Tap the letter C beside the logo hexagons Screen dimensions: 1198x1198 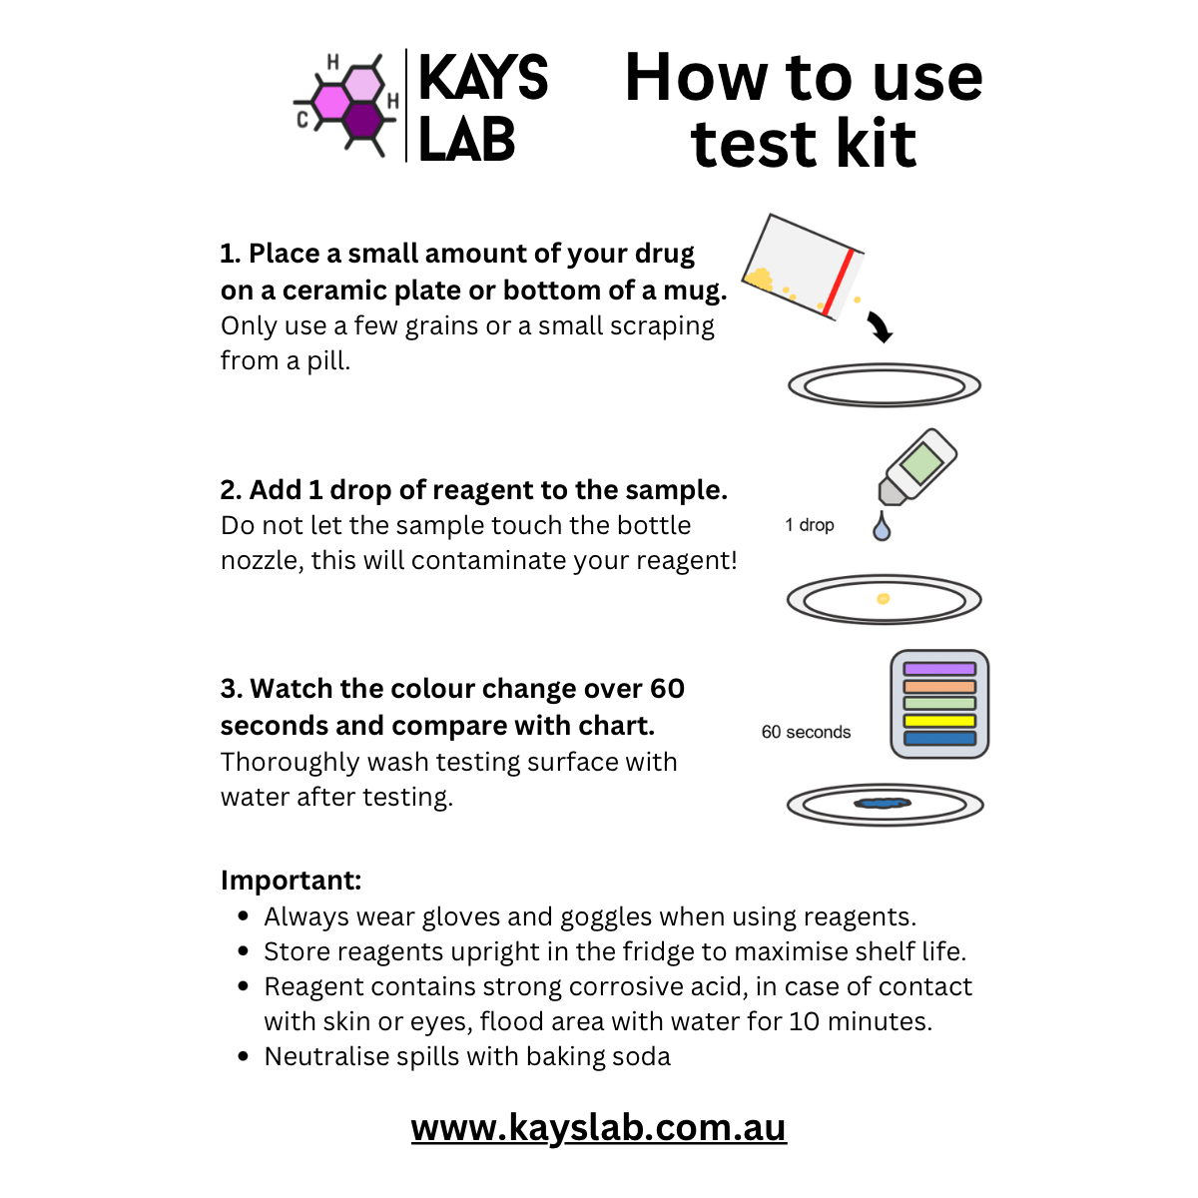pos(303,121)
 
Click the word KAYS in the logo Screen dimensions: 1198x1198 pos(483,78)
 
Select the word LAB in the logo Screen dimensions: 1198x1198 pos(466,140)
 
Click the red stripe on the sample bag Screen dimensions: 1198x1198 pos(838,283)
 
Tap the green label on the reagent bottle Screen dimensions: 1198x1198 pos(919,464)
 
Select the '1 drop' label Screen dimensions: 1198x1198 pos(810,525)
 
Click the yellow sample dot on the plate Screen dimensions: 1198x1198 pos(883,599)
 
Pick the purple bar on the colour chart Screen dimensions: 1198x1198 pos(938,669)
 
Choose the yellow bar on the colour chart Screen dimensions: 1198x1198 pos(938,721)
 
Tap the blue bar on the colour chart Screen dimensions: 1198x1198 pos(938,739)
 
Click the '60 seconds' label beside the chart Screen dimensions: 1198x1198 pos(806,732)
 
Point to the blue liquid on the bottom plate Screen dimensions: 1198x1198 pos(884,803)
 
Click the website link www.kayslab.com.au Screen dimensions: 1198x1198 pos(599,1128)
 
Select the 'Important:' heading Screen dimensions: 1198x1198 pos(291,881)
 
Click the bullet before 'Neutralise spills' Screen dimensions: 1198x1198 pos(244,1056)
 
